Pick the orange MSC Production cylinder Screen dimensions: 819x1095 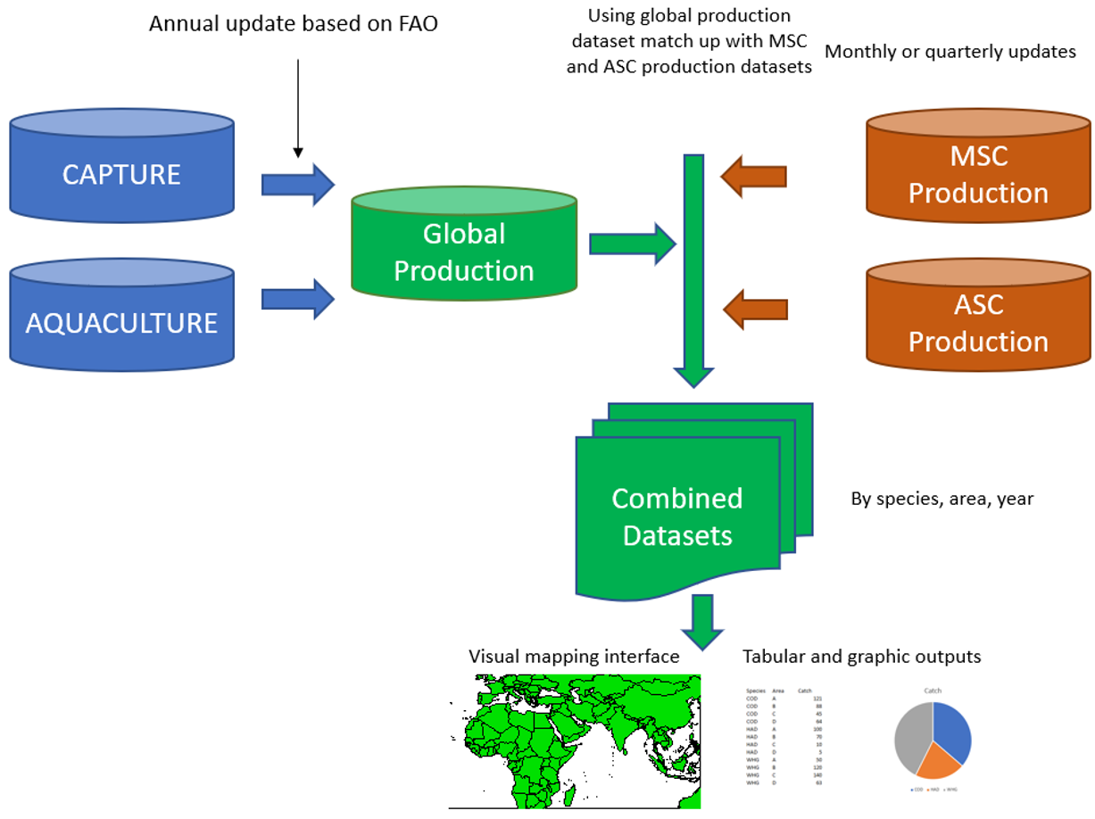point(978,174)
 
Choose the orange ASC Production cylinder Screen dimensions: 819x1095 point(978,322)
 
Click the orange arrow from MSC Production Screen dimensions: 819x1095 point(754,176)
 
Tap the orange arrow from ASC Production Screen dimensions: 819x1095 point(754,310)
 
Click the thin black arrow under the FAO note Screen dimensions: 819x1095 point(298,107)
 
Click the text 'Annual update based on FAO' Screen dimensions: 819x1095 point(294,24)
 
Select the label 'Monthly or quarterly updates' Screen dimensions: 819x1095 point(950,52)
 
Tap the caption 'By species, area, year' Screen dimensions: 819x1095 point(942,499)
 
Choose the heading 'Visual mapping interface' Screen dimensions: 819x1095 point(574,657)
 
